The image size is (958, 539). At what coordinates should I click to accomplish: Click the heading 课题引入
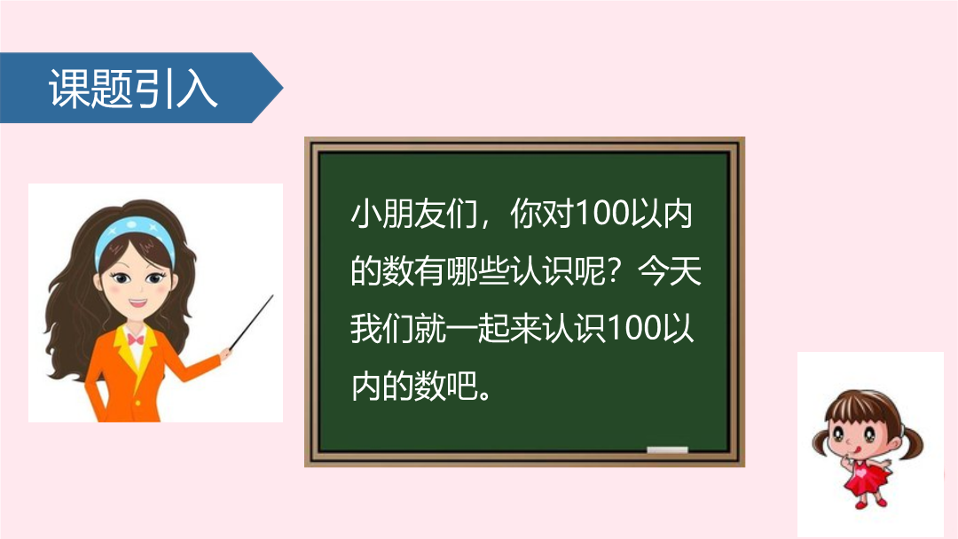(132, 89)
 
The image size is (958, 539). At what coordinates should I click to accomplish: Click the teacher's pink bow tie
(136, 339)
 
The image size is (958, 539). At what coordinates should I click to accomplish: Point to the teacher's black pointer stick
(251, 323)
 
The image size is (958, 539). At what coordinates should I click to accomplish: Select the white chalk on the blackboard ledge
(667, 449)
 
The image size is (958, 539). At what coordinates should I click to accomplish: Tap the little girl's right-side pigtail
(912, 442)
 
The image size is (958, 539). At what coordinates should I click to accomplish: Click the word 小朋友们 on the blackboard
(413, 214)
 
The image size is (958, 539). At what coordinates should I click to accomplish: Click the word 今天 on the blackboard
(670, 271)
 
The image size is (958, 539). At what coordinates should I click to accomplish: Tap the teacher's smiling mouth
(137, 303)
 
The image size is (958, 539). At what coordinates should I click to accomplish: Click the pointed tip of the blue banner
(282, 88)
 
